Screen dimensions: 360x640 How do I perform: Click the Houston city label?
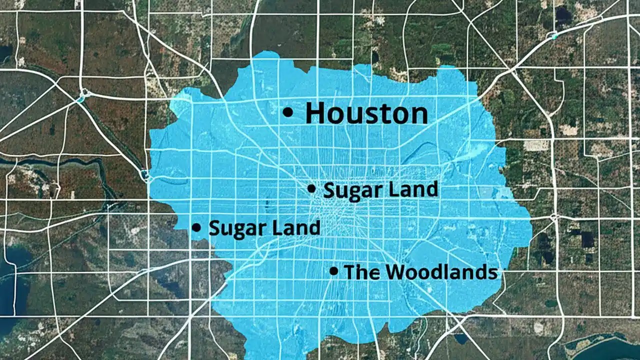point(366,113)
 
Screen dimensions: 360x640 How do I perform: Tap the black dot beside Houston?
point(287,113)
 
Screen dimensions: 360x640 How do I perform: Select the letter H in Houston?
point(315,113)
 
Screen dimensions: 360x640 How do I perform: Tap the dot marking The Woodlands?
point(333,271)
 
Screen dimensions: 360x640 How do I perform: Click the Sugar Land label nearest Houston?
point(380,190)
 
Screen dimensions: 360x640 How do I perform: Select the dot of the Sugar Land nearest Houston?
point(311,188)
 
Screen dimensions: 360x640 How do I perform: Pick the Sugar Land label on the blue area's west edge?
point(264,228)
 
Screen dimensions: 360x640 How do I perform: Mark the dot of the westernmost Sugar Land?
point(196,227)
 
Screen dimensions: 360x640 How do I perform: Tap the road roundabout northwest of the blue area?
point(84,93)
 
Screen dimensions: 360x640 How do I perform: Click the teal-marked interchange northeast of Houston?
point(553,35)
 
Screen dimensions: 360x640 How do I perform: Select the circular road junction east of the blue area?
point(554,217)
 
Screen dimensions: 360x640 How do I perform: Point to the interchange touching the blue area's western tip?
point(145,175)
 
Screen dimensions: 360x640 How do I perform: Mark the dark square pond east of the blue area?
point(587,240)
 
